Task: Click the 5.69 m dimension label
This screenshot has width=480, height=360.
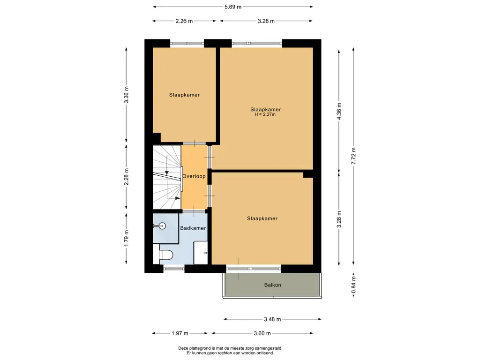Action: (233, 7)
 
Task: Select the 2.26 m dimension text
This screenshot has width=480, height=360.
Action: (184, 21)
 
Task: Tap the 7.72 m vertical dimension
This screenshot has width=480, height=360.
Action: (353, 156)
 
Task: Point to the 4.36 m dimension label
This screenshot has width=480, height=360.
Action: (339, 112)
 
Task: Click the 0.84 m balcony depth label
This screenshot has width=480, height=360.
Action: (353, 285)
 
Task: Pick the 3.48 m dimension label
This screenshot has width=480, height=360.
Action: (272, 319)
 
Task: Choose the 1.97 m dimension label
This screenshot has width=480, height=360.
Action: (180, 333)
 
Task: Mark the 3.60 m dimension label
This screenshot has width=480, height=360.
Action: (262, 333)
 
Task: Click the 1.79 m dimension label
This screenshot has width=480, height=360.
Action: (127, 238)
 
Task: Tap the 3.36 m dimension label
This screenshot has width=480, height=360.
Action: (127, 95)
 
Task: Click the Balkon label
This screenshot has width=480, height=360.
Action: (272, 285)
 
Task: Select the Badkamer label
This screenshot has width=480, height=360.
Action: (193, 228)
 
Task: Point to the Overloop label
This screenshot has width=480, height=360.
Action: (194, 176)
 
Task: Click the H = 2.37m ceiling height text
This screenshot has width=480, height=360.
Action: (265, 114)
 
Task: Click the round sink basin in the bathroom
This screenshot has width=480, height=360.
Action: (162, 226)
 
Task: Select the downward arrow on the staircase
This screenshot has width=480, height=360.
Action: (166, 173)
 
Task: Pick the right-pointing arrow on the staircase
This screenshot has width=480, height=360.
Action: (178, 198)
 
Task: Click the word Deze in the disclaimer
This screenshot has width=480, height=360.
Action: (183, 348)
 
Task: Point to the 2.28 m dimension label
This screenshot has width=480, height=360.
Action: (127, 177)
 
